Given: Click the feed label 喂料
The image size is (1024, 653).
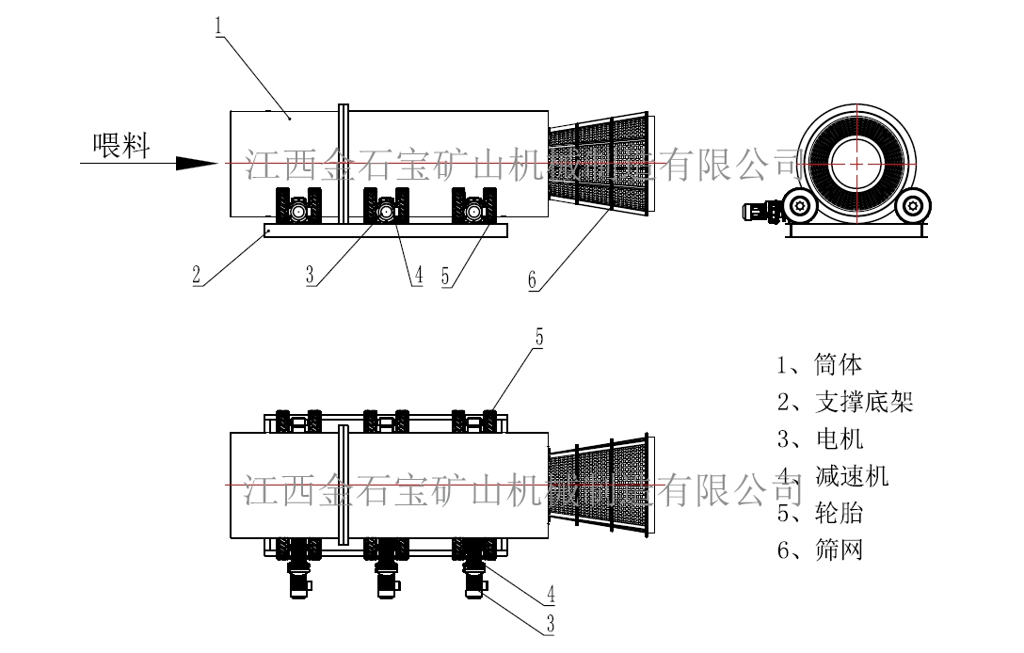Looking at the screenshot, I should click(x=121, y=146).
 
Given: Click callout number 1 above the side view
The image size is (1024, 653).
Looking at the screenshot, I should click(x=218, y=26).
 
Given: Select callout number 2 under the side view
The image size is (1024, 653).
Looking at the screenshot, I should click(x=196, y=275).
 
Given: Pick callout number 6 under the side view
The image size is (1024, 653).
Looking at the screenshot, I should click(x=532, y=279).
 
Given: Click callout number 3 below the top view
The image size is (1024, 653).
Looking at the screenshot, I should click(x=550, y=622).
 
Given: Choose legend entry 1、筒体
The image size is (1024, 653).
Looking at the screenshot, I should click(x=819, y=364).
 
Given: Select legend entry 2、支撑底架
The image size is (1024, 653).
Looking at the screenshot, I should click(x=844, y=402).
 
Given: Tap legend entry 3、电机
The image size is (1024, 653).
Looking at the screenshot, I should click(x=819, y=438).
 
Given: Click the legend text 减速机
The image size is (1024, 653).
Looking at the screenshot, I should click(x=852, y=475).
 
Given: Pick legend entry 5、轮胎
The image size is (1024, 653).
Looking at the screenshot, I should click(x=819, y=513).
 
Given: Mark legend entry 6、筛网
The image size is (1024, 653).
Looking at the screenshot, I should click(x=819, y=549).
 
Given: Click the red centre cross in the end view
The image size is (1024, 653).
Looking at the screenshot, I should click(x=858, y=163).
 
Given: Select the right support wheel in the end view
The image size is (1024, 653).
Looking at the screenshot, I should click(x=914, y=205).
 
